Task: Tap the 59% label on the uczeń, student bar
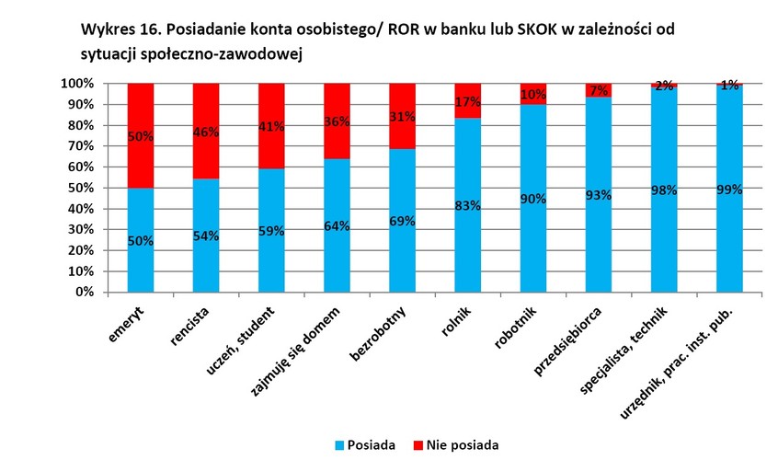pos(271,232)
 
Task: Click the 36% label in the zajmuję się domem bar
pos(338,121)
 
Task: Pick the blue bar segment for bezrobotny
pos(403,258)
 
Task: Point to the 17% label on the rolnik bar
pos(468,102)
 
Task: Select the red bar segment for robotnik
pos(533,93)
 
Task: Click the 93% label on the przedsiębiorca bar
pos(600,194)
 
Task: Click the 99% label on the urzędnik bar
pos(730,189)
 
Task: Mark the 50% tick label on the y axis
pos(79,188)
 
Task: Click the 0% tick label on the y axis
pos(83,292)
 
